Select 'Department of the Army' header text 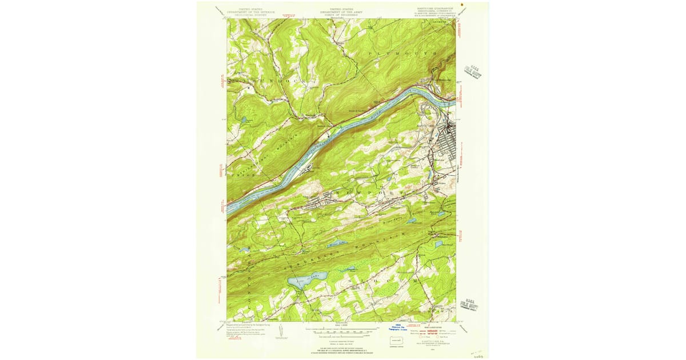tap(344, 12)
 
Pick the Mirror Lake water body tap(337, 244)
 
